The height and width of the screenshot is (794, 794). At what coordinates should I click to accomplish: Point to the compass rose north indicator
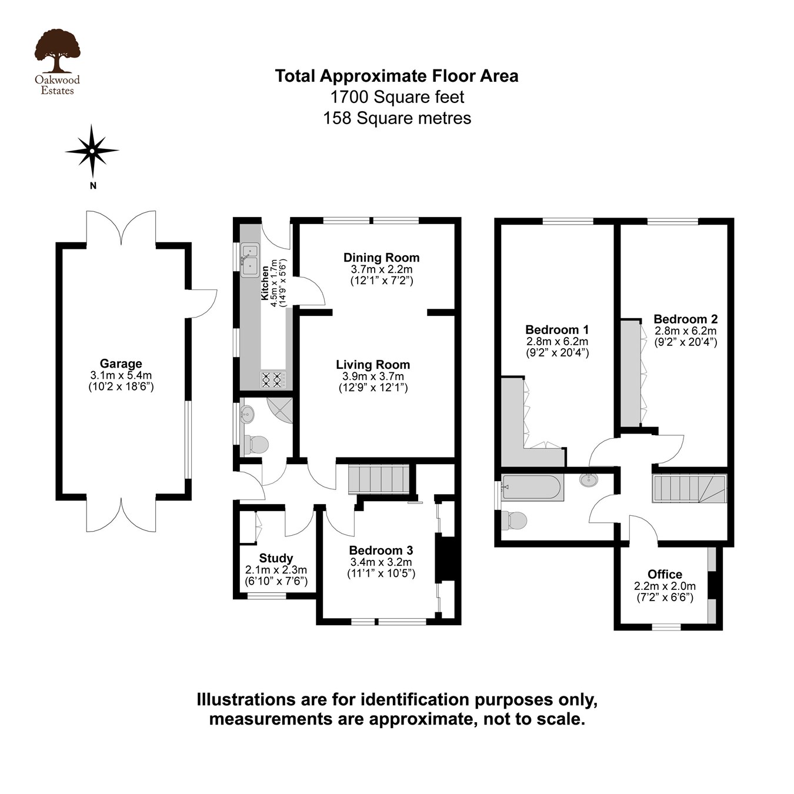point(92,151)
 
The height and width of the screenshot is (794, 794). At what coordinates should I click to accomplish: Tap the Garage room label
point(121,363)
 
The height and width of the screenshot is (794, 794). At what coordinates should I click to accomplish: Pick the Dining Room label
point(381,258)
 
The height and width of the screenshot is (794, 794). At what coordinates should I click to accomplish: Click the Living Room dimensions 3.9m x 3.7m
point(373,376)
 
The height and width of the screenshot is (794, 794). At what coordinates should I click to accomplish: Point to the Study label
point(276,558)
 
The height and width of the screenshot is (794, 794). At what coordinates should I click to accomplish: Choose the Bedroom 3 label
point(381,551)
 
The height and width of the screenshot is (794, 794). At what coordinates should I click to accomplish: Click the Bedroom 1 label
point(556,329)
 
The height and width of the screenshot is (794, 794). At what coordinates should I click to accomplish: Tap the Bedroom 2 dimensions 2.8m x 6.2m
point(685,331)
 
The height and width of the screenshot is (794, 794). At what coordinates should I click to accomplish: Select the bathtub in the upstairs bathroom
point(532,488)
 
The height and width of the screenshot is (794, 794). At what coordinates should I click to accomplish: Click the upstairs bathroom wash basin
point(588,480)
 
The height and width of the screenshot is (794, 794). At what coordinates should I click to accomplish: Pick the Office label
point(665,574)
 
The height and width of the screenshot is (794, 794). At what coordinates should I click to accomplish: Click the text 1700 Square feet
point(397,97)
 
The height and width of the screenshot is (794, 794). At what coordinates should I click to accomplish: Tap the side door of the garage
point(202,303)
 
